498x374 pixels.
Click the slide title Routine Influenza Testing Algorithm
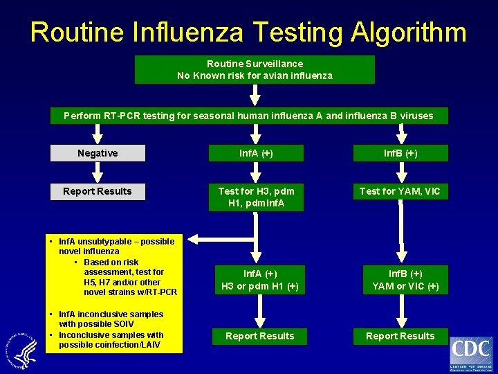(248, 32)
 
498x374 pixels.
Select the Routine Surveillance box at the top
(255, 69)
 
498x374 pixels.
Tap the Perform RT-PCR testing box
(248, 116)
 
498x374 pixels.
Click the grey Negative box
(98, 153)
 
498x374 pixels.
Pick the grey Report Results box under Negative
(98, 191)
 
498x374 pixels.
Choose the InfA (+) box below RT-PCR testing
(257, 153)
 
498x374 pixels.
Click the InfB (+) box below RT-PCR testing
(400, 153)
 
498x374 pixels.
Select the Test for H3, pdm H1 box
(257, 197)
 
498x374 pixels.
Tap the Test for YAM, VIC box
(400, 191)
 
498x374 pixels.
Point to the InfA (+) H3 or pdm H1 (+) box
(260, 280)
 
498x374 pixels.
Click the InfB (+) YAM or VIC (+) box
(405, 280)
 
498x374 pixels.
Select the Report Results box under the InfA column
(260, 336)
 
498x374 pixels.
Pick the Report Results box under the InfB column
(400, 336)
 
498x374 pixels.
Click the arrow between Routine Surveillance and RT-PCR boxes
(255, 95)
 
